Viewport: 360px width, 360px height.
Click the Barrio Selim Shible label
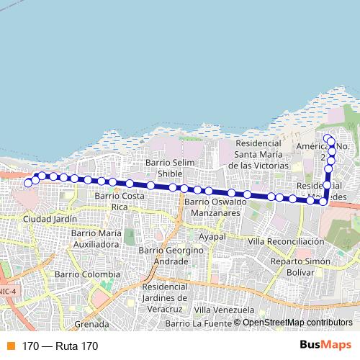coord(170,168)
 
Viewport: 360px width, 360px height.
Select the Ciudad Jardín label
coord(50,218)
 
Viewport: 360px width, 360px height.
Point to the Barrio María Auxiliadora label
coord(95,238)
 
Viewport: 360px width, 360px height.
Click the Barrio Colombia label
coord(88,274)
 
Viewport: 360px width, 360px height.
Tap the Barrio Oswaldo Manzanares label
coord(215,207)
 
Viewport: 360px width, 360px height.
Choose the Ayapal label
coord(212,236)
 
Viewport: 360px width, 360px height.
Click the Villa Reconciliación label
coord(286,241)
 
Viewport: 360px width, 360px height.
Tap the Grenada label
coord(91,324)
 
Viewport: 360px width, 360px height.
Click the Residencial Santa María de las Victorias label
coord(258,154)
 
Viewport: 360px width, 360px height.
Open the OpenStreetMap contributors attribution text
coord(297,323)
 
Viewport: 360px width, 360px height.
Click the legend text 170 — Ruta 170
coord(59,346)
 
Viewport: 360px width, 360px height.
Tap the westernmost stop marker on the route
coord(28,183)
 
